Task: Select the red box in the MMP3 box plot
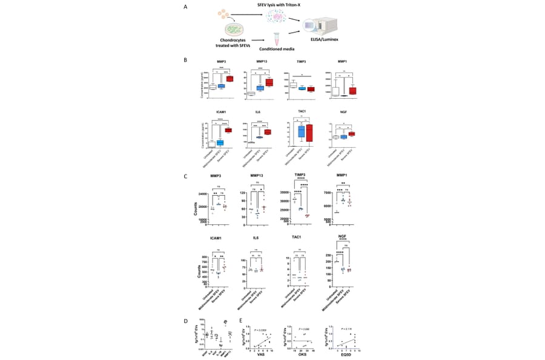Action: click(x=230, y=78)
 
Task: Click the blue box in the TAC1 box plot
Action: click(x=301, y=131)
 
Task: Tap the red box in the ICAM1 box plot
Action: click(x=230, y=130)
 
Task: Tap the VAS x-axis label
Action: click(x=261, y=354)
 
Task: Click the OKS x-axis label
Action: click(x=300, y=354)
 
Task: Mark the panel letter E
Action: click(x=240, y=320)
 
